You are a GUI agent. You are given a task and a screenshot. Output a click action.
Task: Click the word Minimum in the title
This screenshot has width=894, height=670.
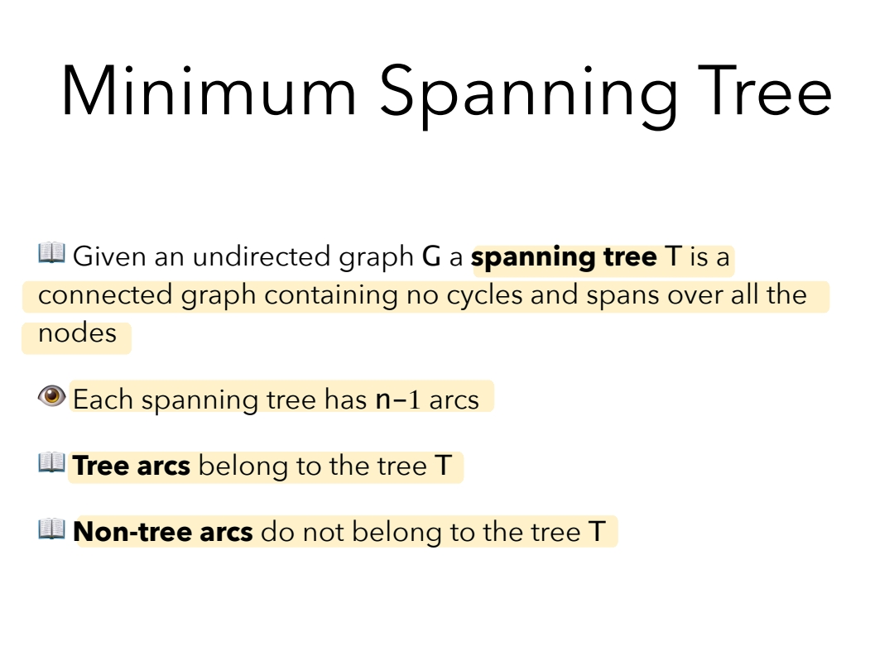209,91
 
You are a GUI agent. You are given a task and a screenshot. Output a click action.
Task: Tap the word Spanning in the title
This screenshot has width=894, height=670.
529,94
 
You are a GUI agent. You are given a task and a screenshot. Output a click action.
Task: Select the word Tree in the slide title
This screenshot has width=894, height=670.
765,90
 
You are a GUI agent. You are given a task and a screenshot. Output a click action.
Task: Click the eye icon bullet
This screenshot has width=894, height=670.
52,396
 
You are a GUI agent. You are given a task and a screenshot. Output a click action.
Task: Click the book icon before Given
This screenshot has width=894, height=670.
52,253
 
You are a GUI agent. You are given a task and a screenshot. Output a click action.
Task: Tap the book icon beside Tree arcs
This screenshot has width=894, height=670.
52,462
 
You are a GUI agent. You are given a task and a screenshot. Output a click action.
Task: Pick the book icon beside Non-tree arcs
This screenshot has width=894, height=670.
52,529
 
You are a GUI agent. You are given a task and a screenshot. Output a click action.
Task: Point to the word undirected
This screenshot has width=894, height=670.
263,256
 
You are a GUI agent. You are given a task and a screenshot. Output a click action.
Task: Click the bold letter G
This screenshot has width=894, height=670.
431,256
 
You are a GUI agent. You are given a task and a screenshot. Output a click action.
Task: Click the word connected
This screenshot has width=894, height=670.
105,295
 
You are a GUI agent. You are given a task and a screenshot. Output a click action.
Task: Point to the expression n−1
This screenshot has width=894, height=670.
398,400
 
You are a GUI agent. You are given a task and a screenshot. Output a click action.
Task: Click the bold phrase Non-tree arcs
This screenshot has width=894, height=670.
163,532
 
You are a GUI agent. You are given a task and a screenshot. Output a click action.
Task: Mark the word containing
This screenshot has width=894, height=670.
330,296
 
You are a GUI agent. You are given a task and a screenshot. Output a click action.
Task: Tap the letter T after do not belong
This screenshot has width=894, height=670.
597,532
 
